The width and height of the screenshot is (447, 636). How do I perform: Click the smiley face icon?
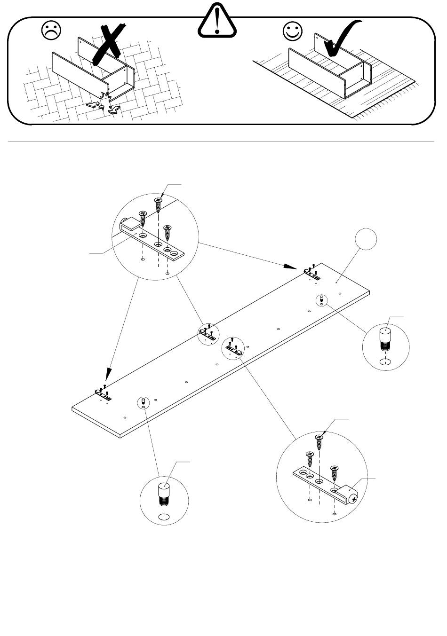pos(292,31)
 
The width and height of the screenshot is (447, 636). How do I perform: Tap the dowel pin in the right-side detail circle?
pos(385,341)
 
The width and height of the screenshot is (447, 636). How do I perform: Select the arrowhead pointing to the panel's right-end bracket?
pos(291,267)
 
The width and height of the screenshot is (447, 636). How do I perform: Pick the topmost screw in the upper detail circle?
pos(158,205)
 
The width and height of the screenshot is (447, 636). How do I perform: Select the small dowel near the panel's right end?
pos(321,299)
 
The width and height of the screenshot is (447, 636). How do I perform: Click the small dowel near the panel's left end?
pos(143,401)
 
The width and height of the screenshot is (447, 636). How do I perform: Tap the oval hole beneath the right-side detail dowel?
pos(385,362)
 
